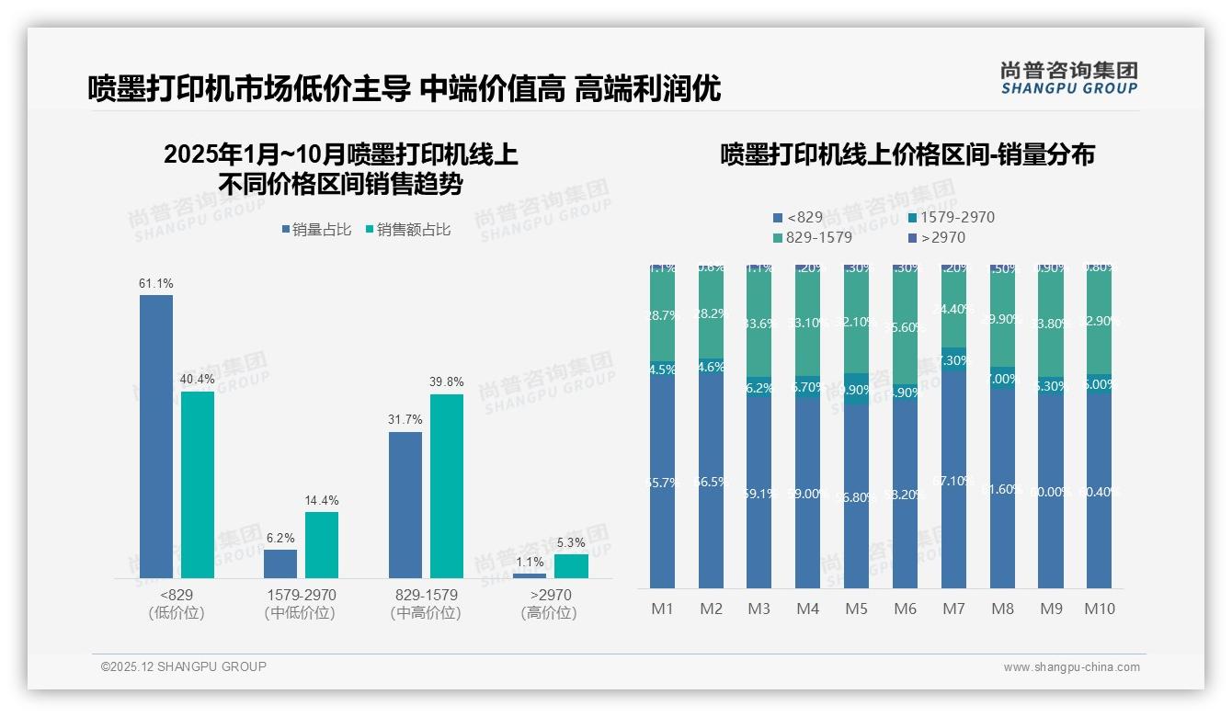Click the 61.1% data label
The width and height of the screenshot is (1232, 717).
click(155, 283)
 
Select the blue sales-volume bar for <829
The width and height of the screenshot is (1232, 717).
click(155, 436)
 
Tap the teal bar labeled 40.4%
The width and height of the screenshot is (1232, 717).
click(198, 484)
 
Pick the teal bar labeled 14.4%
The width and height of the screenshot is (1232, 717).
click(322, 544)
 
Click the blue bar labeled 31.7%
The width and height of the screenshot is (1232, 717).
click(405, 505)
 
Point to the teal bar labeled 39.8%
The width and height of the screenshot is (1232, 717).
click(447, 485)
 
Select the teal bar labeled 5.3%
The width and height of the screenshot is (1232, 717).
click(571, 566)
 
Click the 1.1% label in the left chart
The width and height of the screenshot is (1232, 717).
click(530, 562)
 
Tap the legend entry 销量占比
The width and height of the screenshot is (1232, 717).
click(316, 230)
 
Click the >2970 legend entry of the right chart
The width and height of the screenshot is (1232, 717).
click(936, 238)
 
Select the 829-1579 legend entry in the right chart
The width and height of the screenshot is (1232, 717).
click(812, 238)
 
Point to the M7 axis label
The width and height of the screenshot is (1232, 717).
click(953, 609)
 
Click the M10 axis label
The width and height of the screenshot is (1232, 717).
click(1099, 609)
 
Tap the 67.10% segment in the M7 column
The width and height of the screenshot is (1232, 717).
click(953, 481)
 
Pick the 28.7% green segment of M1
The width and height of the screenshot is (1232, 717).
click(662, 314)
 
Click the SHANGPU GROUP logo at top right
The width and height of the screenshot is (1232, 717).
click(1068, 77)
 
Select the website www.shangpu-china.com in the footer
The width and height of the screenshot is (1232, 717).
click(1071, 667)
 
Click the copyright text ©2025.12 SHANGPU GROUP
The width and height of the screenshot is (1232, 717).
click(184, 666)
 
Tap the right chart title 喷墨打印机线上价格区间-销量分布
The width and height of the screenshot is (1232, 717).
click(907, 154)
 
